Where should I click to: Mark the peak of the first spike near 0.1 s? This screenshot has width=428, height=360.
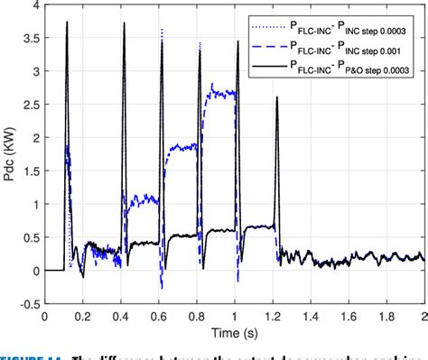point(67,23)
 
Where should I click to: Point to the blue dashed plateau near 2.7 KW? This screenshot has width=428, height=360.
point(222,92)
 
